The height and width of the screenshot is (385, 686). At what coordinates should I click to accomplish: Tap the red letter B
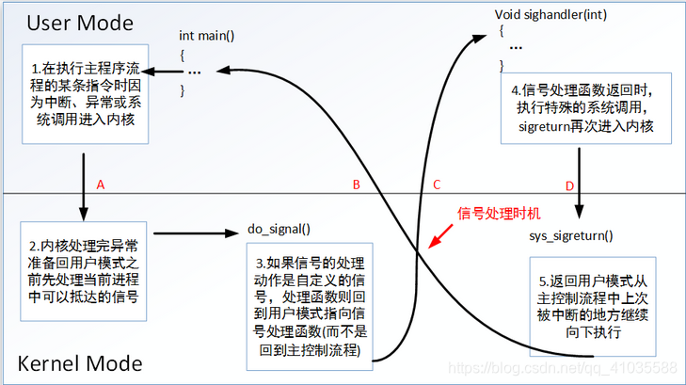[356, 184]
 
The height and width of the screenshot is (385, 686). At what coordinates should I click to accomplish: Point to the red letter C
[437, 184]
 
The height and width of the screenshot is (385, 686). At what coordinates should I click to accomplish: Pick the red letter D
[569, 185]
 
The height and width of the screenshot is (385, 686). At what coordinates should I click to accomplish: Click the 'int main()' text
[207, 36]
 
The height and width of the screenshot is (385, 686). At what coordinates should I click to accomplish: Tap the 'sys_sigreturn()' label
[571, 235]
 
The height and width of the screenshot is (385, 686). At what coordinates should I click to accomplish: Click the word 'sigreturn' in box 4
[547, 125]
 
